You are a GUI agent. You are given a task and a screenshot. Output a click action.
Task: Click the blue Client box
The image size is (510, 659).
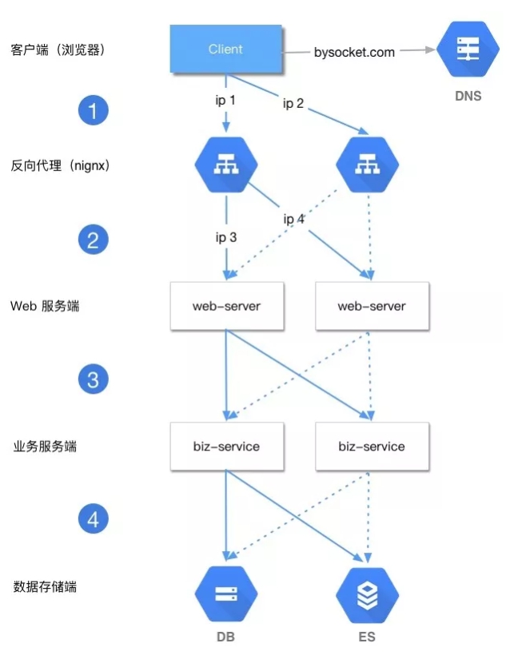pyautogui.click(x=225, y=49)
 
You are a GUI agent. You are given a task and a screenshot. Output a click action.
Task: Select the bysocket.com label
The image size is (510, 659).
pyautogui.click(x=354, y=52)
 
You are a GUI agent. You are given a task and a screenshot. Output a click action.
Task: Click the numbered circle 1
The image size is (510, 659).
pyautogui.click(x=93, y=109)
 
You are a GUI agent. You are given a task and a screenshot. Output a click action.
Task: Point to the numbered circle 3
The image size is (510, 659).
pyautogui.click(x=93, y=379)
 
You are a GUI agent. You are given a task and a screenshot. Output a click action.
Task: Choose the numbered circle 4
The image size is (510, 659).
pyautogui.click(x=93, y=520)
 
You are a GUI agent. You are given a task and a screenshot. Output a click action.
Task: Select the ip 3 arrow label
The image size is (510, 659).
pyautogui.click(x=225, y=236)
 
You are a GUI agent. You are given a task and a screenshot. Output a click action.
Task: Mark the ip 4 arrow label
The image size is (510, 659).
pyautogui.click(x=293, y=219)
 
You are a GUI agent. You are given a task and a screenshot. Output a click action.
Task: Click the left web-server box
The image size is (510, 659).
pyautogui.click(x=226, y=305)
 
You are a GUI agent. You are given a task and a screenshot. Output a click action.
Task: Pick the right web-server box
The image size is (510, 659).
pyautogui.click(x=372, y=305)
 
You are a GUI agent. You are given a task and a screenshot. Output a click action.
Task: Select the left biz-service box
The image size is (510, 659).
pyautogui.click(x=226, y=446)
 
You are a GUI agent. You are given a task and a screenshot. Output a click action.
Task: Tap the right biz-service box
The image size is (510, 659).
pyautogui.click(x=372, y=446)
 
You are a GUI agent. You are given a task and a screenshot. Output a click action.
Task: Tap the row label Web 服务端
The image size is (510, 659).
pyautogui.click(x=45, y=306)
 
